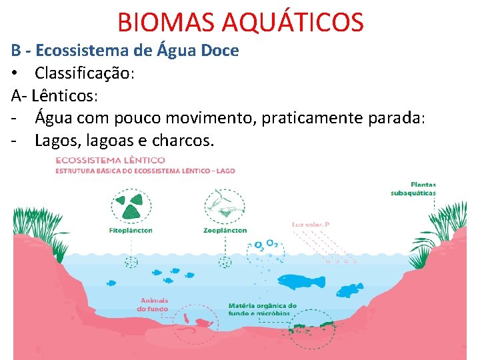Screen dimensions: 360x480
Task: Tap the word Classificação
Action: point(85,73)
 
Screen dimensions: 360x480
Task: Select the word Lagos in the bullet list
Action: point(56,141)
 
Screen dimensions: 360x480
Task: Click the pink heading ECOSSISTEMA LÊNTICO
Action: point(110,161)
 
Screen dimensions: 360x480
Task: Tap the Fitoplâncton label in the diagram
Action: point(131,231)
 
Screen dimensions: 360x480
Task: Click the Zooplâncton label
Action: point(225,231)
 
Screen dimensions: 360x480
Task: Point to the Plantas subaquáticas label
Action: point(413,189)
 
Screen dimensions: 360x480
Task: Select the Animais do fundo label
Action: point(153,305)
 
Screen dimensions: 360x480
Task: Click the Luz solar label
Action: point(310,225)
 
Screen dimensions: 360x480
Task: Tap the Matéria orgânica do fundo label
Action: point(262,309)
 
